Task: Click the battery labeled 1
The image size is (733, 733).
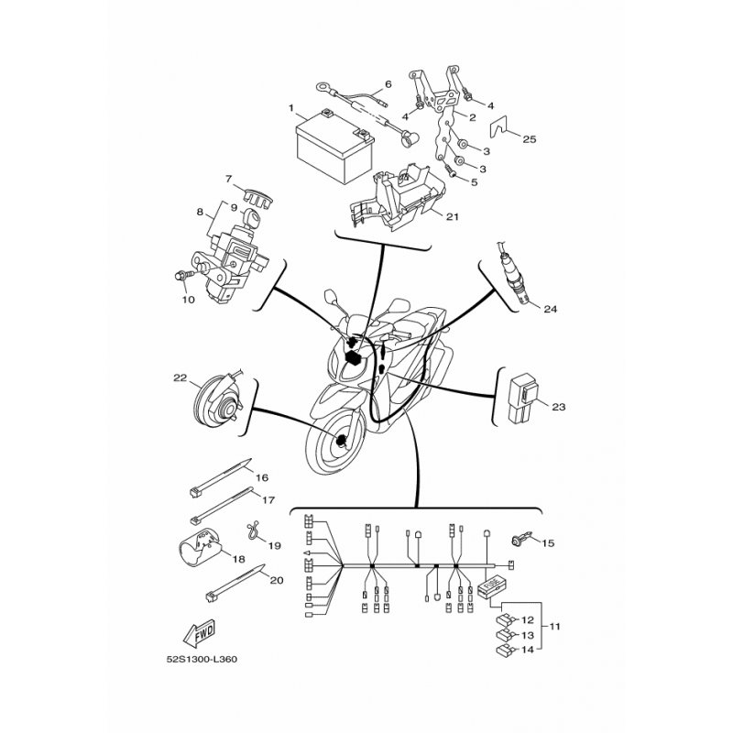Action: pyautogui.click(x=334, y=147)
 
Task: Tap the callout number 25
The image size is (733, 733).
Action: pyautogui.click(x=530, y=139)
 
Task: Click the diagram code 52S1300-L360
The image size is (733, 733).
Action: pyautogui.click(x=202, y=660)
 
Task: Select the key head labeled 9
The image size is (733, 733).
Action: pyautogui.click(x=251, y=218)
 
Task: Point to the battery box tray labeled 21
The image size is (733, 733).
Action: pyautogui.click(x=399, y=198)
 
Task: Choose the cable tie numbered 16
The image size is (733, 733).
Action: pyautogui.click(x=220, y=476)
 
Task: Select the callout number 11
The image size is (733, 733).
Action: pyautogui.click(x=554, y=626)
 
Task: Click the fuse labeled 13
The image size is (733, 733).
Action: pyautogui.click(x=505, y=635)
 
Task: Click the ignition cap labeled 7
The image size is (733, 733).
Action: pyautogui.click(x=258, y=195)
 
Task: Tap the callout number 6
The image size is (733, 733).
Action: pyautogui.click(x=388, y=84)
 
